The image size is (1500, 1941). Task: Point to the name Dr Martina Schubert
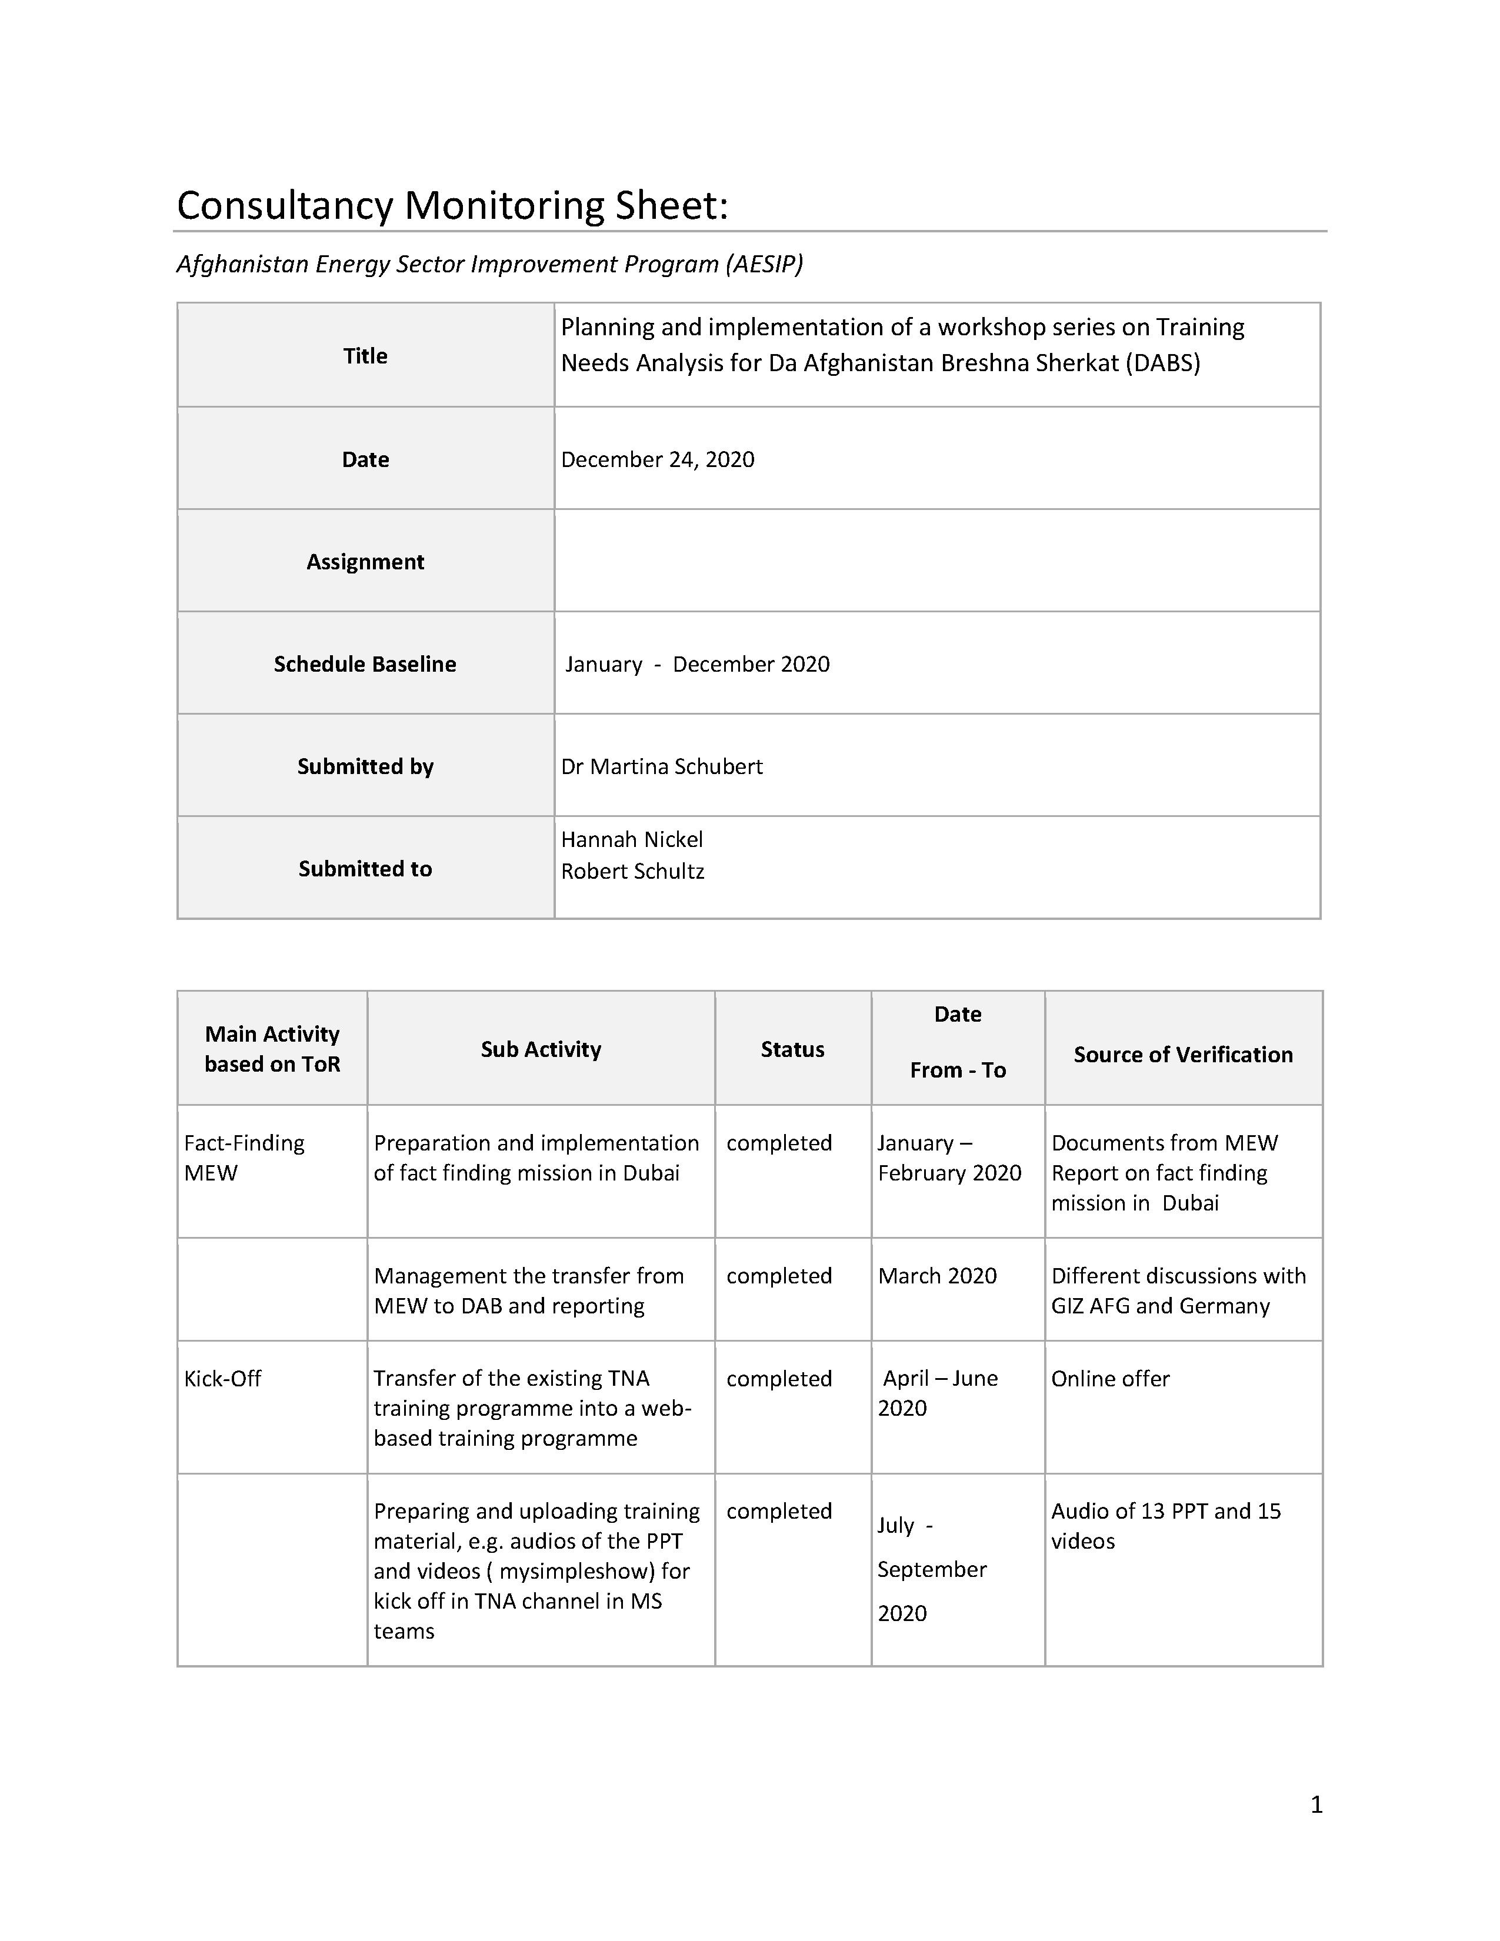pos(661,766)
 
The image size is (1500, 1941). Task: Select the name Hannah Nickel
pos(631,839)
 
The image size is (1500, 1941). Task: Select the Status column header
pos(792,1049)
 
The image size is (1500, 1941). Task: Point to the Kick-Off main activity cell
pos(222,1379)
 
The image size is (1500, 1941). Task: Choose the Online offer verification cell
pos(1110,1379)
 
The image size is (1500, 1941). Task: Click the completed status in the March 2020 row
pos(778,1275)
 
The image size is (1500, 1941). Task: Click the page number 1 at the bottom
pos(1316,1804)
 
